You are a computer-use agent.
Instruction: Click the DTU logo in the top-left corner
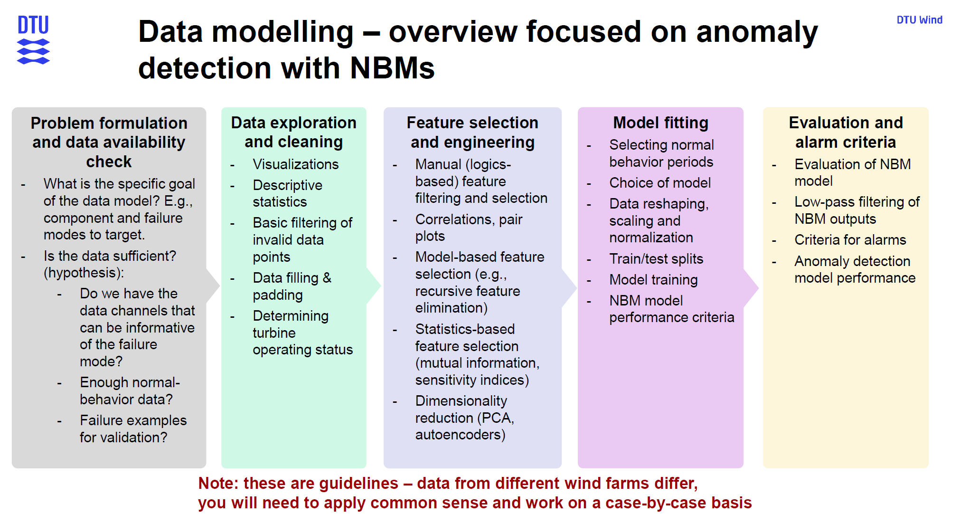point(33,40)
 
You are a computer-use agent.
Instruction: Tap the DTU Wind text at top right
point(919,20)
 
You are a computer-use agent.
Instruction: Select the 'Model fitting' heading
point(660,123)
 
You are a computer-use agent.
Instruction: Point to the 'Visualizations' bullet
point(295,164)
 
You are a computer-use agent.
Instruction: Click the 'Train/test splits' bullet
point(656,259)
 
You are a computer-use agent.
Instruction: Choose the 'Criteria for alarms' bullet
point(850,240)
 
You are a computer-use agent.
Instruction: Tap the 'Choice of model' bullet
point(660,183)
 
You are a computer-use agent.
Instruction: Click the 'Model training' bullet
point(653,280)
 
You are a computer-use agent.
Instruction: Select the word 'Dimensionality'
point(461,401)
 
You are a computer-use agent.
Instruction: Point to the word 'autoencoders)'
point(460,435)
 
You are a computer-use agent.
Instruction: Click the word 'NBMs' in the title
point(392,68)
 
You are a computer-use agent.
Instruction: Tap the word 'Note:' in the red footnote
point(217,483)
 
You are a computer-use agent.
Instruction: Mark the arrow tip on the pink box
point(758,288)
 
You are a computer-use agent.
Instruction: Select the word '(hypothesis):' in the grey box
point(84,273)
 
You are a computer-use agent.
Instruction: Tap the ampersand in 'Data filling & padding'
point(327,278)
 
